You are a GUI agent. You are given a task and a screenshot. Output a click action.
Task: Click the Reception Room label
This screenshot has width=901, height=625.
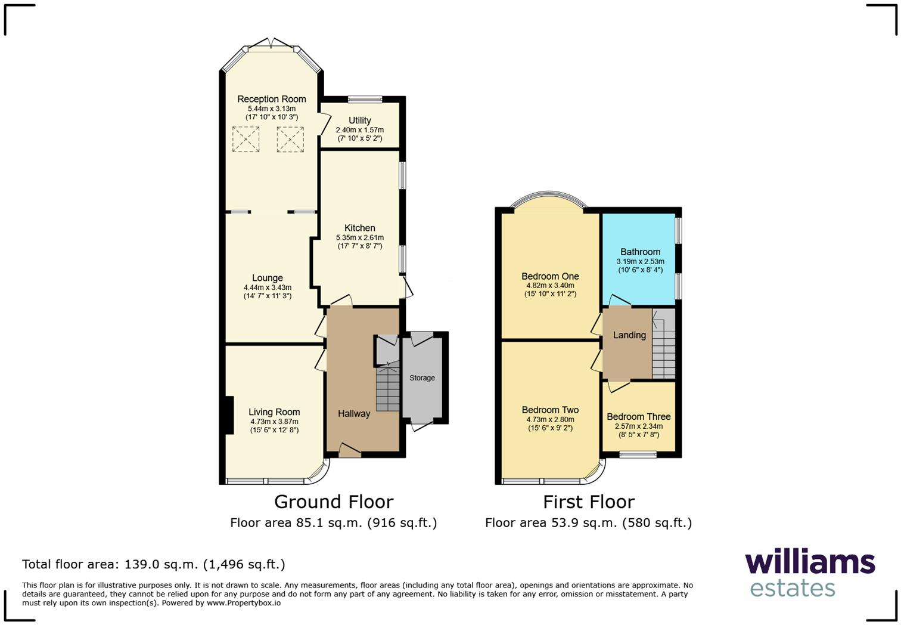coord(271,99)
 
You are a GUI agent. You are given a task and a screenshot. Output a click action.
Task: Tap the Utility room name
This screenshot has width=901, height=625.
coord(359,120)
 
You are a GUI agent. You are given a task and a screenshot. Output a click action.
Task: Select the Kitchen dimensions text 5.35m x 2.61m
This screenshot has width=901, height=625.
coord(359,237)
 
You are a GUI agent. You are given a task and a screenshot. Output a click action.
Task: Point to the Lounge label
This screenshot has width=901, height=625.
coord(267,278)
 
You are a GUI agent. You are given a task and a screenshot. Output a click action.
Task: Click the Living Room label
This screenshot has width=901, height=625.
coord(274,412)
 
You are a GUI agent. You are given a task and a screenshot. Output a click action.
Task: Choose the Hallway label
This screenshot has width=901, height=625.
coord(354,413)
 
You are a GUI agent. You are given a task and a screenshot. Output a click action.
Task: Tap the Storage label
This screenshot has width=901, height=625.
coord(422,378)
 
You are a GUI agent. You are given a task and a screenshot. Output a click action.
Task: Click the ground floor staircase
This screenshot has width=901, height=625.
coord(387,389)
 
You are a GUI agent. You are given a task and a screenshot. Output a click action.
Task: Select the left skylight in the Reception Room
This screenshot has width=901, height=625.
coord(245,140)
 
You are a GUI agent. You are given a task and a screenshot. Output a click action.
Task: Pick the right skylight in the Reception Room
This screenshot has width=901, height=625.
coord(290,140)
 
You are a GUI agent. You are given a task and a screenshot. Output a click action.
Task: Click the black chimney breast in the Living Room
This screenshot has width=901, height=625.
coord(229,415)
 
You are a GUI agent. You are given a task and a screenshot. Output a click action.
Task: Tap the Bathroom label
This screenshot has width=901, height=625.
coord(640,252)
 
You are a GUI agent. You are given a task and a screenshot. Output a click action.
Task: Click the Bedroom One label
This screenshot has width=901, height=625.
coord(550,276)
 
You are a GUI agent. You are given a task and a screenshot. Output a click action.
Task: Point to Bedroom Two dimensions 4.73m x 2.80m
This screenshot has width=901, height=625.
coord(550,419)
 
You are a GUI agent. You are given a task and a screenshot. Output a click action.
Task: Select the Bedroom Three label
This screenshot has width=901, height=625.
coord(638,417)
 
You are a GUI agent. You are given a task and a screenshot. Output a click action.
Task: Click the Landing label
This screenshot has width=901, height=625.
coord(629,335)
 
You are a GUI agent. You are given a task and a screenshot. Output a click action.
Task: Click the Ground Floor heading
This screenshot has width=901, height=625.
coord(333,502)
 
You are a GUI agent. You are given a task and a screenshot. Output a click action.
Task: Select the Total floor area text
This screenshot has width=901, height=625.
coord(154,564)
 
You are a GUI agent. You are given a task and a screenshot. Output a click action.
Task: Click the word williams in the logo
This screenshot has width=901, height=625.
coord(810,562)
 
